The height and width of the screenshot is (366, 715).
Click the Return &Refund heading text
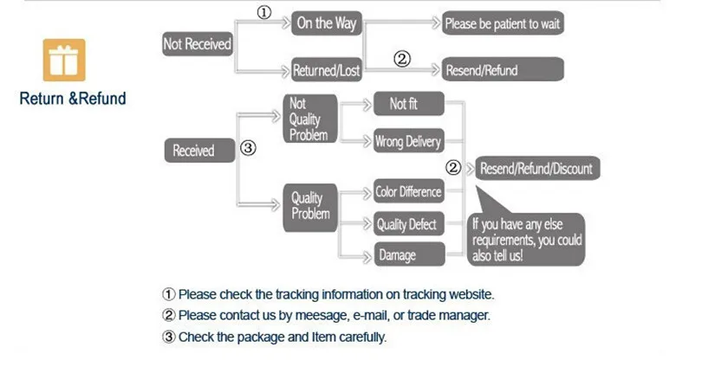pos(73,99)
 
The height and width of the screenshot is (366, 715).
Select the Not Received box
pos(198,44)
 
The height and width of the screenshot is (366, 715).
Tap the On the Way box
pos(327,23)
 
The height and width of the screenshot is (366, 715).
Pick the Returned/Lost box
pos(327,70)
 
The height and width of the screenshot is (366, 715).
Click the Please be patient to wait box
pos(503,23)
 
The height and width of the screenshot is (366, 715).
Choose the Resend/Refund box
pos(503,70)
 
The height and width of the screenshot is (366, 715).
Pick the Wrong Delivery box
pos(408,142)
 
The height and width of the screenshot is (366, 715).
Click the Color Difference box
pos(408,192)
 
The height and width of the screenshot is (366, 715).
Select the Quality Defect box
pos(408,224)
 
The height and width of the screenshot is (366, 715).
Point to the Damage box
pos(408,254)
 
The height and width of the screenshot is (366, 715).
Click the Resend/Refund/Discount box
pos(537,168)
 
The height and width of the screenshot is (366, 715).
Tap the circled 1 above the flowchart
pos(265,12)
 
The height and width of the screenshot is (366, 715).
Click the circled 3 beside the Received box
pos(248,149)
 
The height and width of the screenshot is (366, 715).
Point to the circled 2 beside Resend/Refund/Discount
pos(452,167)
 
